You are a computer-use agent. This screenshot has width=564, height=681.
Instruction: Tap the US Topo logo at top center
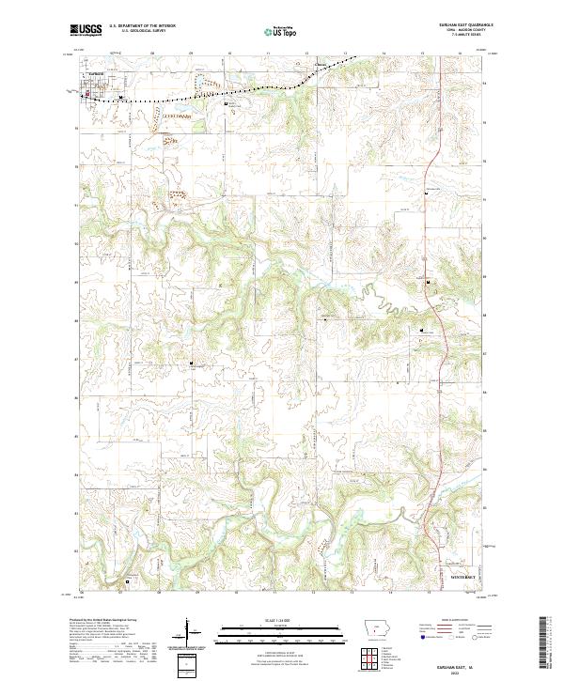[x=283, y=31]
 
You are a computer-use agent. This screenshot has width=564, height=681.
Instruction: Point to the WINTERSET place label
[x=464, y=574]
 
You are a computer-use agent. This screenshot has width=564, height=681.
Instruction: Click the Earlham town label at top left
[x=92, y=84]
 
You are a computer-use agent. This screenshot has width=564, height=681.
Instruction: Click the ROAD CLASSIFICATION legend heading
[x=455, y=621]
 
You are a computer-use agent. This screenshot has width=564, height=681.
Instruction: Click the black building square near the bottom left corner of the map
[x=127, y=581]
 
